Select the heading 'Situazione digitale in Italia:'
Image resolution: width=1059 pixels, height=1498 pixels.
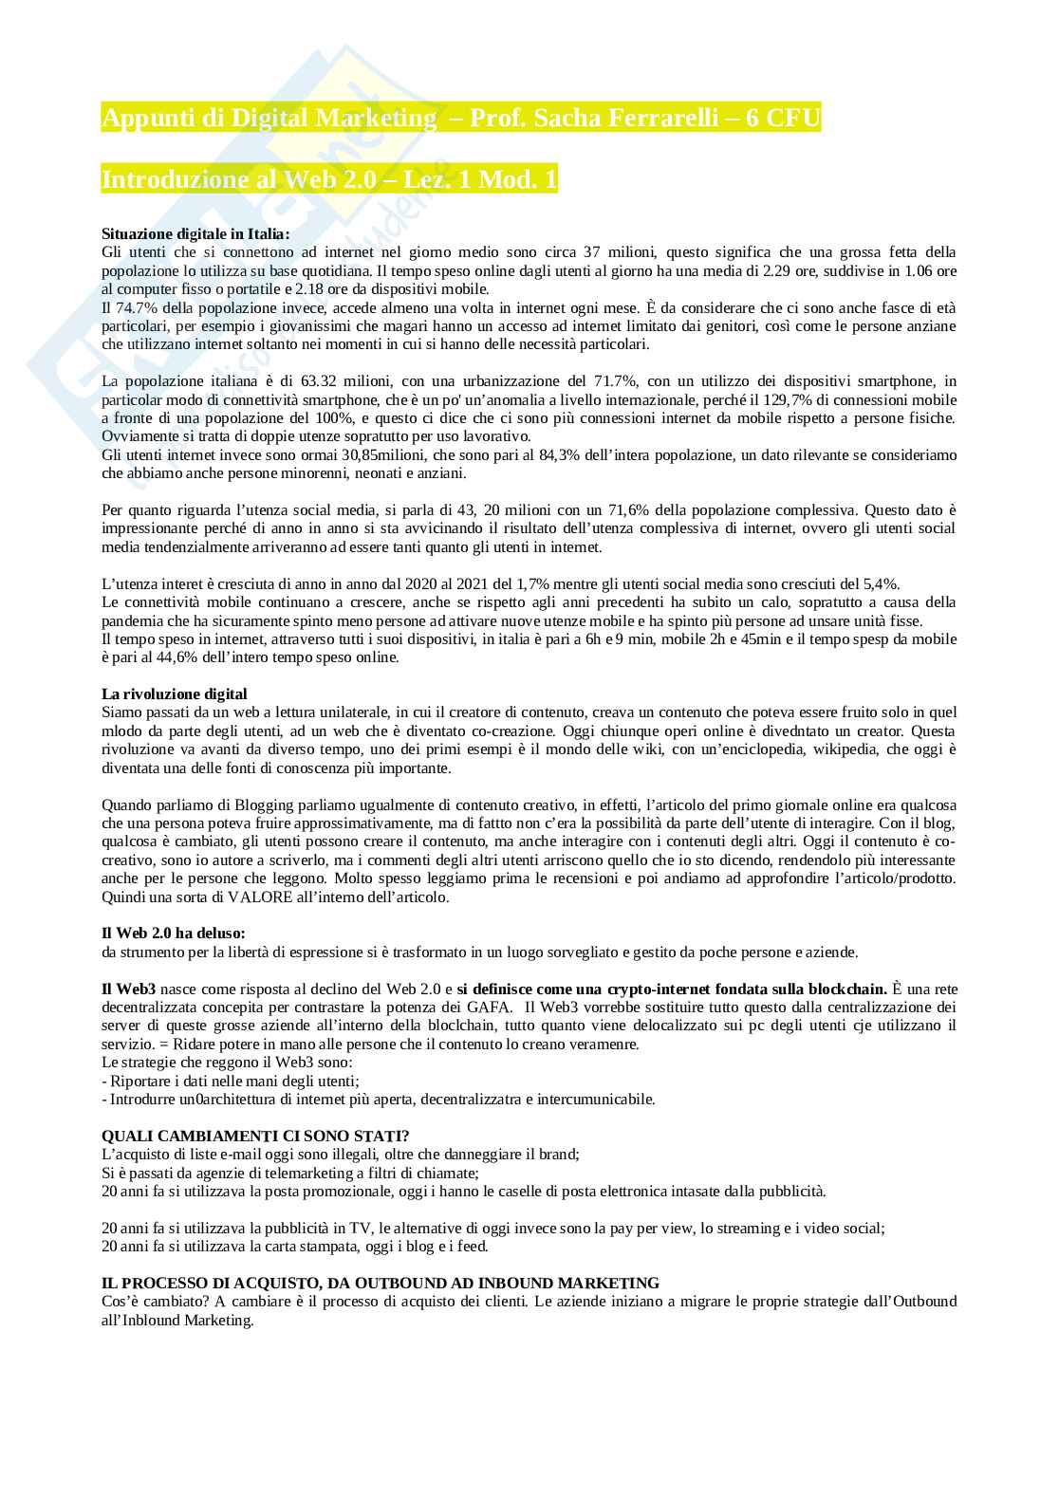coord(195,233)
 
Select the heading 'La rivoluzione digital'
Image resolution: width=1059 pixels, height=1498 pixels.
coord(174,694)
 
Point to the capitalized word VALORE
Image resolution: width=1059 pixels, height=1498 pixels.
coord(265,897)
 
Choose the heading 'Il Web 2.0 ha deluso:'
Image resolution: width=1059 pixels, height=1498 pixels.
coord(173,934)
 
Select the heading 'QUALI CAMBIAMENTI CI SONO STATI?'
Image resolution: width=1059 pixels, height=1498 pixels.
coord(255,1136)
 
